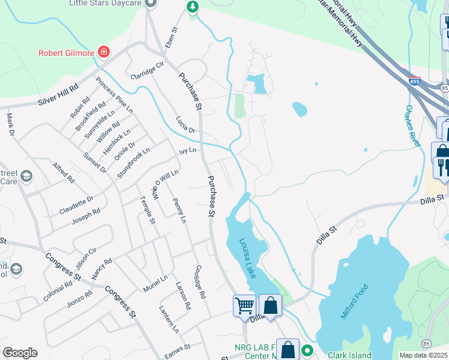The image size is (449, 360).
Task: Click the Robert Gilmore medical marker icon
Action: pyautogui.click(x=104, y=52)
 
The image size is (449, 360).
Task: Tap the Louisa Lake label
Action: pyautogui.click(x=247, y=257)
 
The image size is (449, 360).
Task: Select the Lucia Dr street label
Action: pyautogui.click(x=185, y=125)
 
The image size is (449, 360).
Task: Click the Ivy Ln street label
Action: pyautogui.click(x=188, y=152)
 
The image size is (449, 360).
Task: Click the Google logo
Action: pyautogui.click(x=20, y=353)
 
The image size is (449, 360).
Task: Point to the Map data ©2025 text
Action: pyautogui.click(x=424, y=355)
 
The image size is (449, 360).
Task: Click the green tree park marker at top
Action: pyautogui.click(x=192, y=7)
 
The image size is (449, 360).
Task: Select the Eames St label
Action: pyautogui.click(x=179, y=347)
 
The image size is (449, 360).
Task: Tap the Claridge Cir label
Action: pyautogui.click(x=147, y=70)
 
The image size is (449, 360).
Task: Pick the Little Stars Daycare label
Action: pyautogui.click(x=104, y=3)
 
